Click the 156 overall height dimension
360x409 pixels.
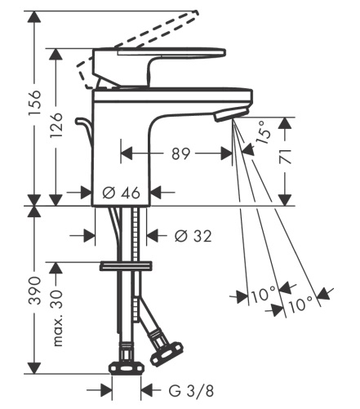click(x=35, y=103)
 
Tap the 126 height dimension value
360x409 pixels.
click(x=57, y=125)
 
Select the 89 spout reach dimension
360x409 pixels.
click(x=181, y=153)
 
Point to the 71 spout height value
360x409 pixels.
click(x=286, y=156)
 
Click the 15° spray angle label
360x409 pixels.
click(x=263, y=132)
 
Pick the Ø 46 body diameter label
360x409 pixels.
click(x=122, y=193)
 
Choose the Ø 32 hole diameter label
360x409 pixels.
click(x=193, y=236)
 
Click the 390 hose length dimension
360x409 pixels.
click(x=35, y=291)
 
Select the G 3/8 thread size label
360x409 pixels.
click(x=191, y=391)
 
